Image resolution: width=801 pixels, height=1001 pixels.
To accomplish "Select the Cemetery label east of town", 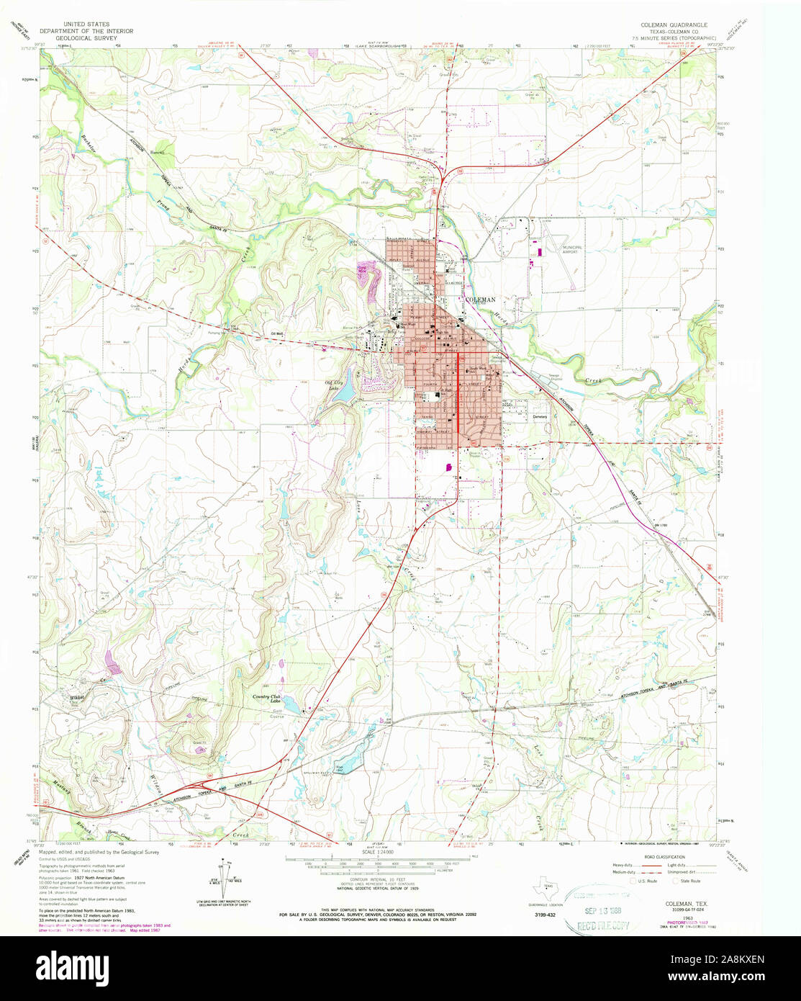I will click(x=540, y=417).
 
